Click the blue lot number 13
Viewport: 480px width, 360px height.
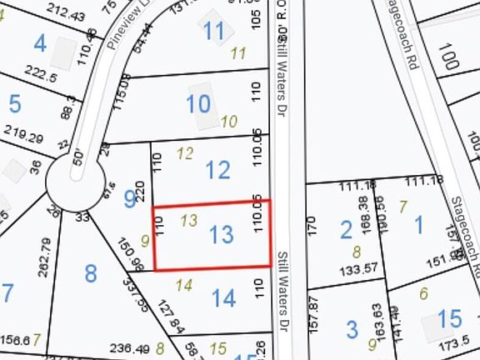(x=222, y=235)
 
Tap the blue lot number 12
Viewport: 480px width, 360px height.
(x=217, y=171)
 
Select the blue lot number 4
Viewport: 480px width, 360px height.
(x=39, y=42)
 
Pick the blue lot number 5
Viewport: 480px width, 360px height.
(x=14, y=104)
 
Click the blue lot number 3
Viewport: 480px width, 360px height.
(x=352, y=328)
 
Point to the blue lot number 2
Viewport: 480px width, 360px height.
(x=346, y=227)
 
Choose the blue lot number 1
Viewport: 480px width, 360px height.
(x=418, y=223)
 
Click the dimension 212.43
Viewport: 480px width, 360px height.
(x=67, y=16)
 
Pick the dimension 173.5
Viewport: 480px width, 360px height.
(x=455, y=342)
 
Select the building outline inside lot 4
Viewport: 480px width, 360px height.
(x=63, y=52)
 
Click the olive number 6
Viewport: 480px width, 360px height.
(x=423, y=292)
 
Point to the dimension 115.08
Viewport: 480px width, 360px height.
(x=126, y=89)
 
